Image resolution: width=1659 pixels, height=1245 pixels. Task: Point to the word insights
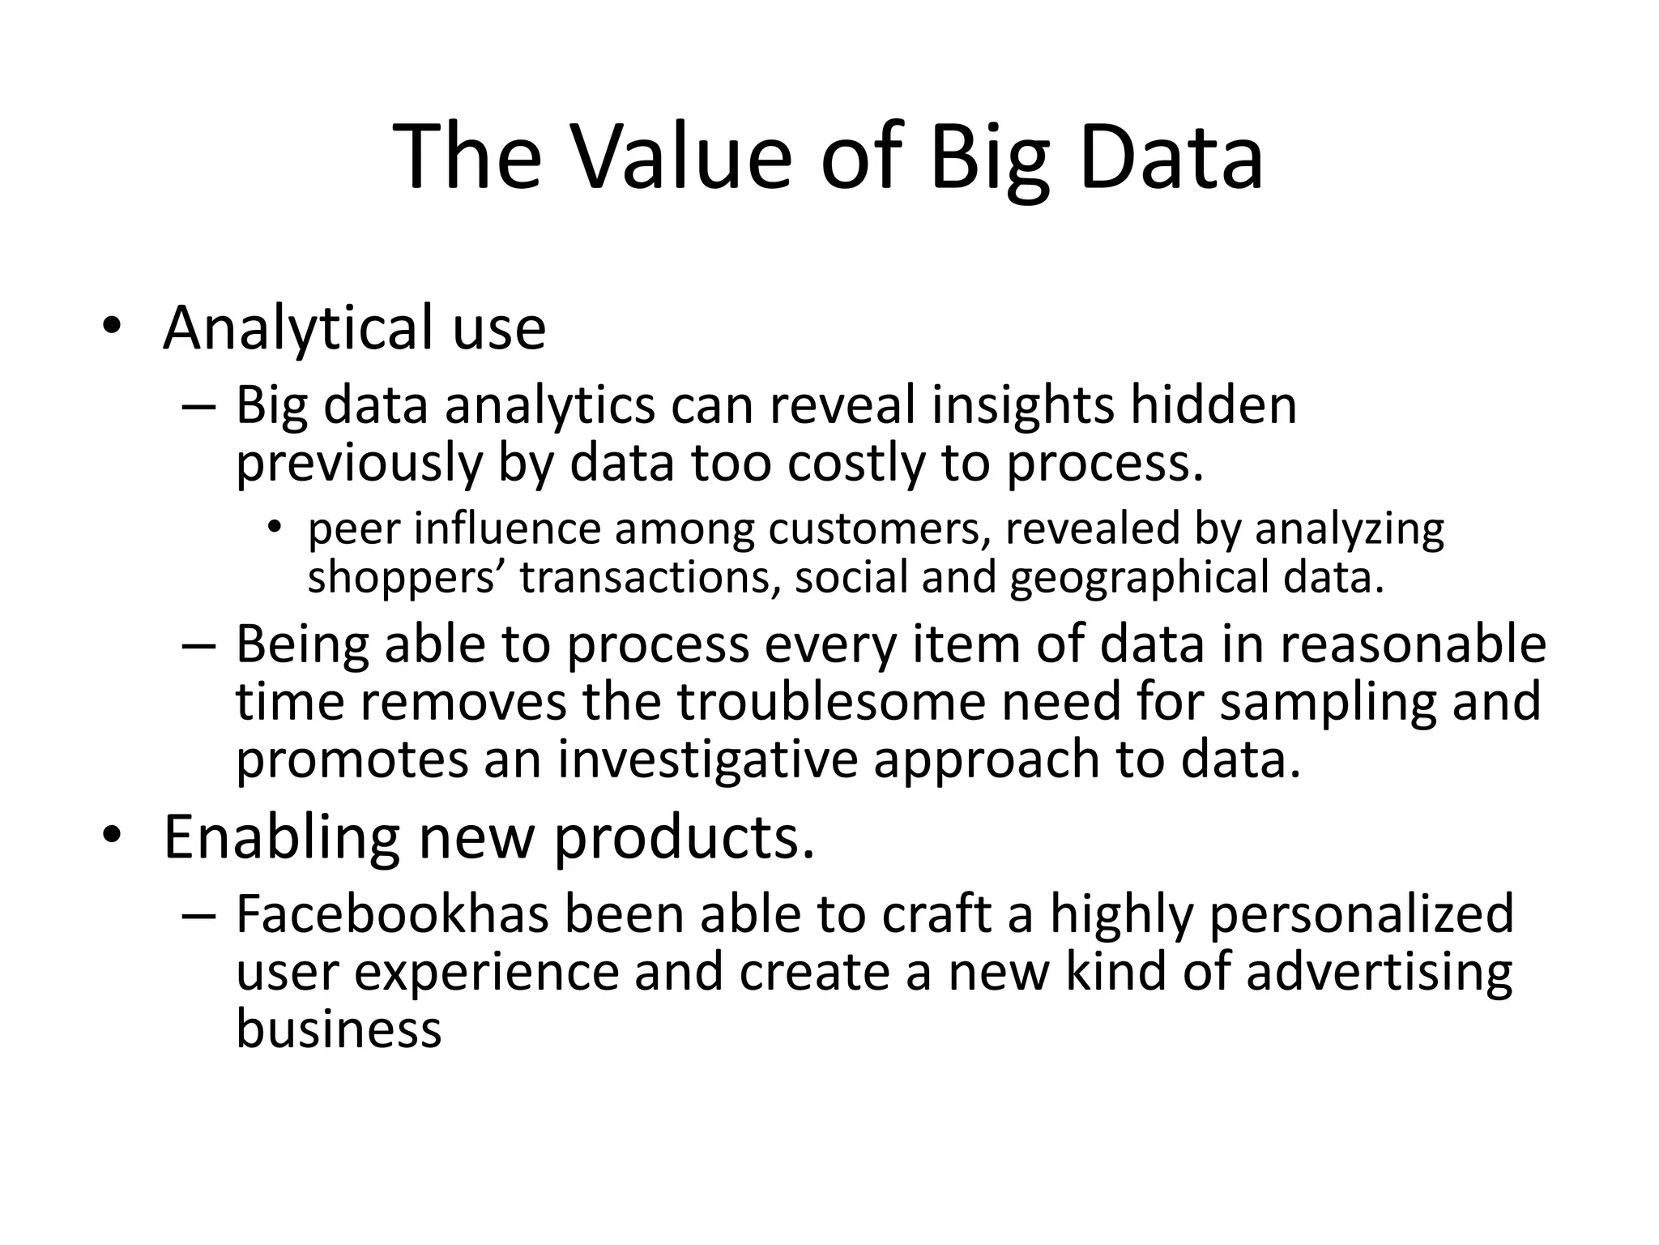tap(1022, 404)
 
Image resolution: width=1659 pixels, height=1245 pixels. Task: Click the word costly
tap(855, 463)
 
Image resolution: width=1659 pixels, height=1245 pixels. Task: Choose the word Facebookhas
tap(392, 914)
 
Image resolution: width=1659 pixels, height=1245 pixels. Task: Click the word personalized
tap(1361, 914)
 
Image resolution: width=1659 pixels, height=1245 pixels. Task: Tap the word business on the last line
tap(339, 1029)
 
